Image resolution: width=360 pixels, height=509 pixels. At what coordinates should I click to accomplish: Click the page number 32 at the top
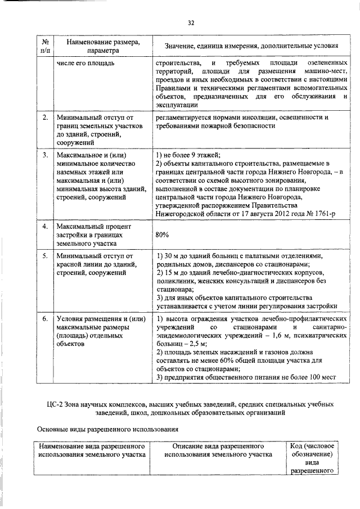coord(191,22)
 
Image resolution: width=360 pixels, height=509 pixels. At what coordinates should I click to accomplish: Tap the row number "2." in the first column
coord(44,118)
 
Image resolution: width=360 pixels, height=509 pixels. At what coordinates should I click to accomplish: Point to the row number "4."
coord(44,226)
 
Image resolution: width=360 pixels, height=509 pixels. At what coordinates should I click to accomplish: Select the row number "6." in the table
coord(44,319)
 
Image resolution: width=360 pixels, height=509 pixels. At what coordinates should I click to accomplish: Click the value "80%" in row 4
coord(163,235)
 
